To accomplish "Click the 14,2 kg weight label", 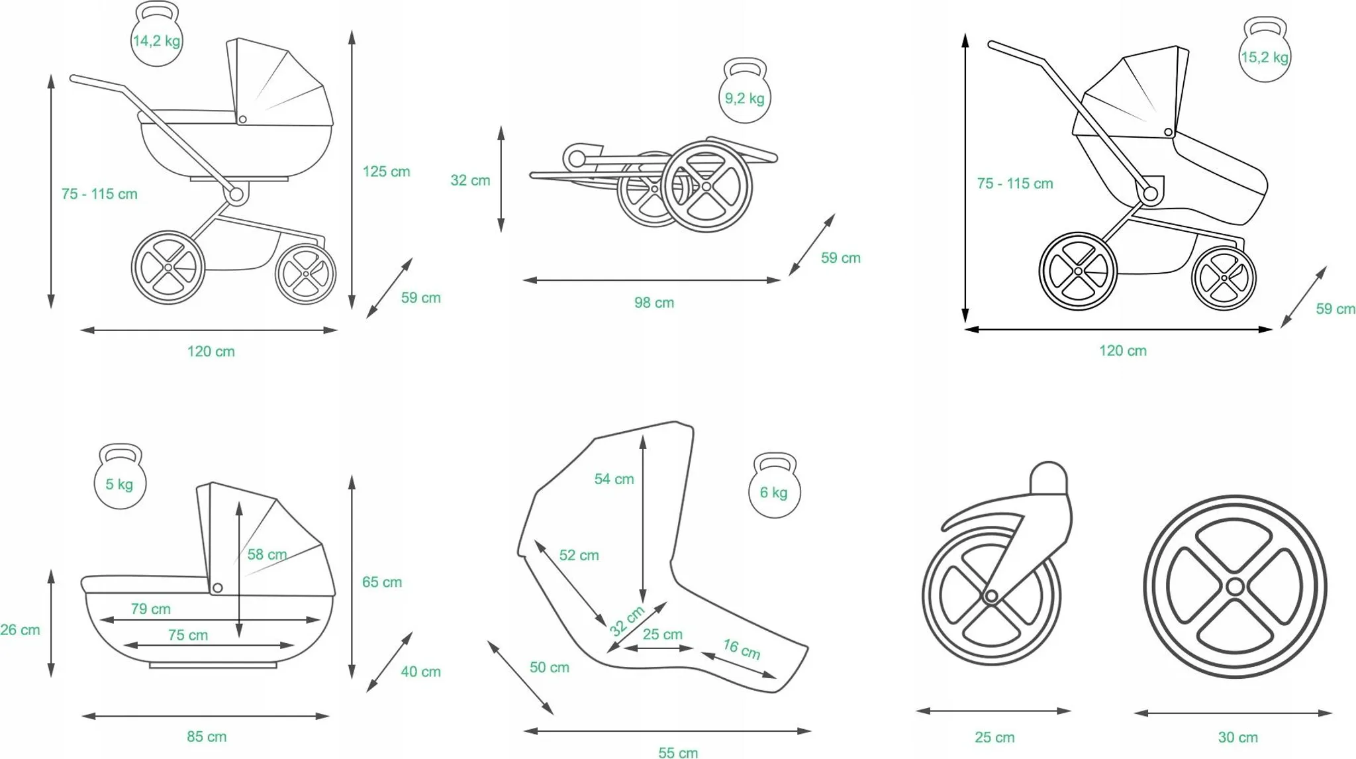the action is click(156, 41).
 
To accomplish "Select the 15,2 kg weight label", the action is click(1265, 58).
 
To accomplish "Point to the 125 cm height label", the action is click(386, 172).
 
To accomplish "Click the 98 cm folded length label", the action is click(654, 303).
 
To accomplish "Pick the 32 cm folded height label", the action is click(470, 180).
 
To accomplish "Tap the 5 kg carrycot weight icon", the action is click(120, 476).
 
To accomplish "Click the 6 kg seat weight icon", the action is click(774, 485).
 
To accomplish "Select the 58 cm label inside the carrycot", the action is click(267, 554).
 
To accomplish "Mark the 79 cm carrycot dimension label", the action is click(150, 609).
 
